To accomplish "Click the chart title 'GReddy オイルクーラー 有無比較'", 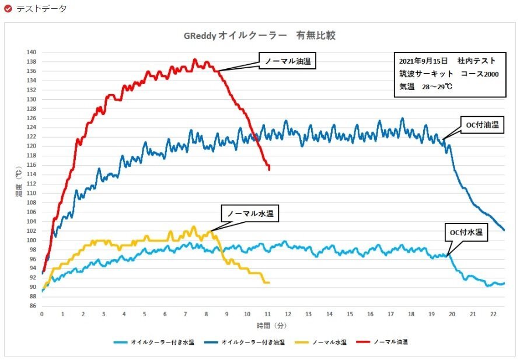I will coord(260,36).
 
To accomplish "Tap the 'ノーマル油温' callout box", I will coord(287,61).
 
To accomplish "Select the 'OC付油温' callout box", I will coord(482,125).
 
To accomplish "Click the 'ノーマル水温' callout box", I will coord(249,214).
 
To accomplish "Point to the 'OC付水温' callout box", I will coord(466,232).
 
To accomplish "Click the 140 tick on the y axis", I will coord(32,52).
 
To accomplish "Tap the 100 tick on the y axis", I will coord(32,240).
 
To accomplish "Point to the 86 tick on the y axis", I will coord(33,306).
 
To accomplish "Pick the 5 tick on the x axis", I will coord(145,314).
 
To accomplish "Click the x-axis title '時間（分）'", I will coord(271,325).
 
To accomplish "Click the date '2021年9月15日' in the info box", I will coord(423,61).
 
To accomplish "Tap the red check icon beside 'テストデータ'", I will coord(8,9).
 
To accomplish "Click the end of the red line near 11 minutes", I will coord(269,169).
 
